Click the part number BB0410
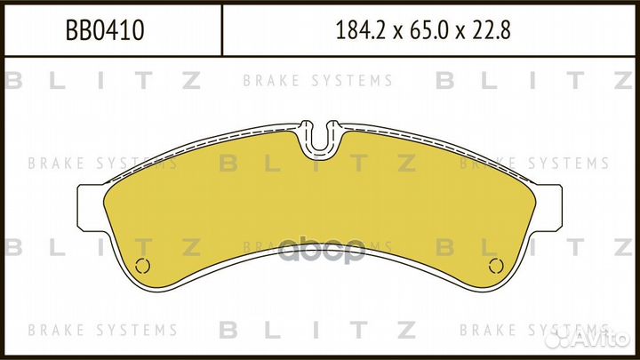[106, 32]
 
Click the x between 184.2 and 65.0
[396, 34]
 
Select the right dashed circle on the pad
[498, 267]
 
